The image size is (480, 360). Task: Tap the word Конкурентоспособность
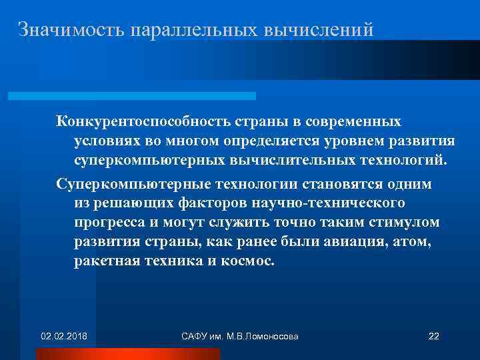click(x=143, y=123)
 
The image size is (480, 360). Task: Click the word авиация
click(x=350, y=241)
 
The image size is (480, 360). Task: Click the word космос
click(x=246, y=260)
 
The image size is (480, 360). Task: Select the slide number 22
click(x=433, y=335)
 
